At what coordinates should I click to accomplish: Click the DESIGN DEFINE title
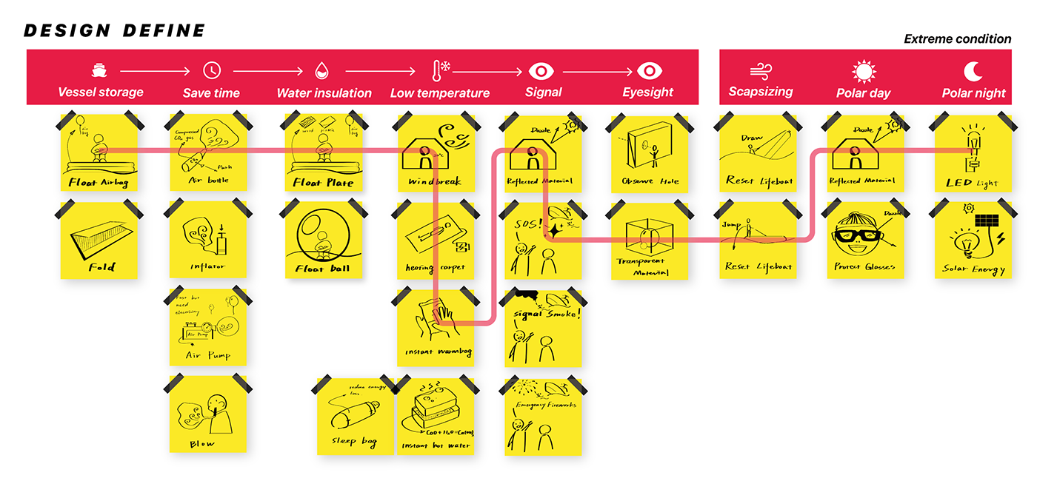114,30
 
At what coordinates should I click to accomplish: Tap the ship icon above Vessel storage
99,71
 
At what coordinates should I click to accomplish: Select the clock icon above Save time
212,71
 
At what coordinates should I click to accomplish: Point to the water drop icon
322,71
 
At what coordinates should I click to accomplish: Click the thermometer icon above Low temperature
439,71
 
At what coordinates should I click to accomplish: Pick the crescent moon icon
973,71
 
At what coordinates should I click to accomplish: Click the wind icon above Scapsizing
761,71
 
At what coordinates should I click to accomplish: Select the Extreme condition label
957,39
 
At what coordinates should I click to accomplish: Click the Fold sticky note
99,241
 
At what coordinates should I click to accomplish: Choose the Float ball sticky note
324,240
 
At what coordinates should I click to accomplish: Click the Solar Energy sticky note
973,241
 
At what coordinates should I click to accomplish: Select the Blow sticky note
208,414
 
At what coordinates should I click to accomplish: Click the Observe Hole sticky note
650,154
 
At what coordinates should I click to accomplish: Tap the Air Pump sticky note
208,328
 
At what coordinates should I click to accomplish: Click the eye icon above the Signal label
541,71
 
